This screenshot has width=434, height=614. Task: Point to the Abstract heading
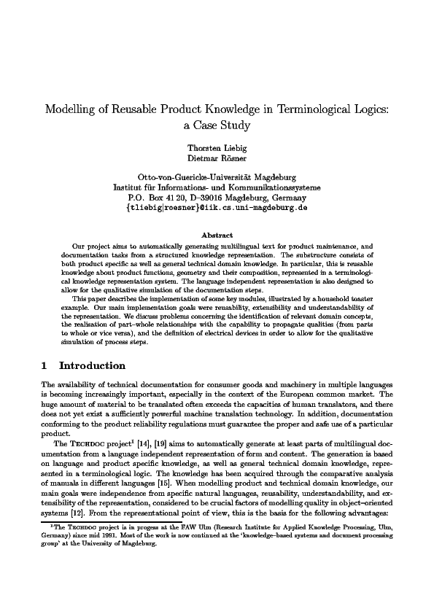point(217,235)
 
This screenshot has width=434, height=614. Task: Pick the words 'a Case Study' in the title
point(217,125)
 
